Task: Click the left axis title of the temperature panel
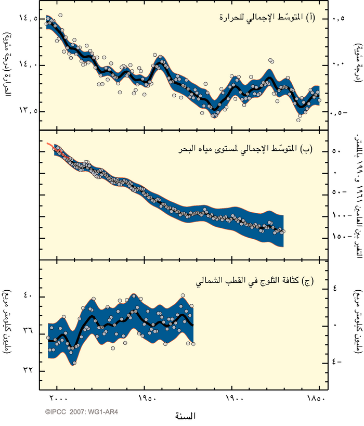click(7, 65)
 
